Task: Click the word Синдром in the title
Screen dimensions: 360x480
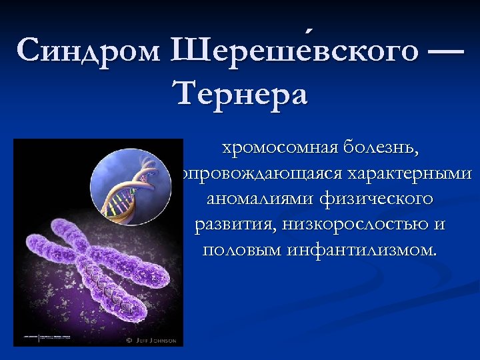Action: pos(89,50)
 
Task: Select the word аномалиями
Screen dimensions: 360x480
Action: pos(261,199)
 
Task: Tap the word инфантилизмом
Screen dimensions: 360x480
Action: pos(359,251)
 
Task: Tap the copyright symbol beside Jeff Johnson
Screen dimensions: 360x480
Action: pos(129,341)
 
